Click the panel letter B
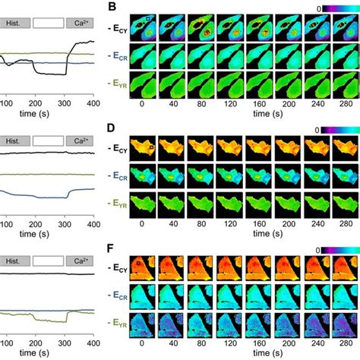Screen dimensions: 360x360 pyautogui.click(x=112, y=8)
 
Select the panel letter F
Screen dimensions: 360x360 pyautogui.click(x=112, y=248)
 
